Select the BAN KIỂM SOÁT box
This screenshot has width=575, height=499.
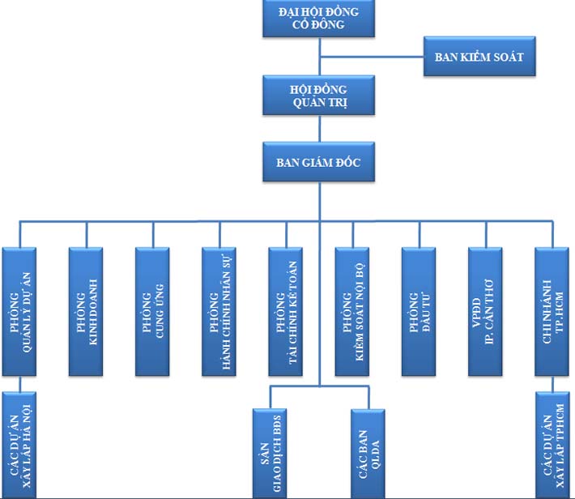[x=479, y=57]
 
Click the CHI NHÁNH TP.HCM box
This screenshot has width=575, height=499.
[x=554, y=311]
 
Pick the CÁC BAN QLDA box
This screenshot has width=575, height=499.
[x=369, y=454]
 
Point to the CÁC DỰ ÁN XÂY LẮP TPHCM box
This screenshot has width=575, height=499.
[x=554, y=446]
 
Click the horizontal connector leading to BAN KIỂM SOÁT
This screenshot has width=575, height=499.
[x=373, y=57]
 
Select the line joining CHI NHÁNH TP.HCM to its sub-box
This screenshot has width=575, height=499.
[x=554, y=384]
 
